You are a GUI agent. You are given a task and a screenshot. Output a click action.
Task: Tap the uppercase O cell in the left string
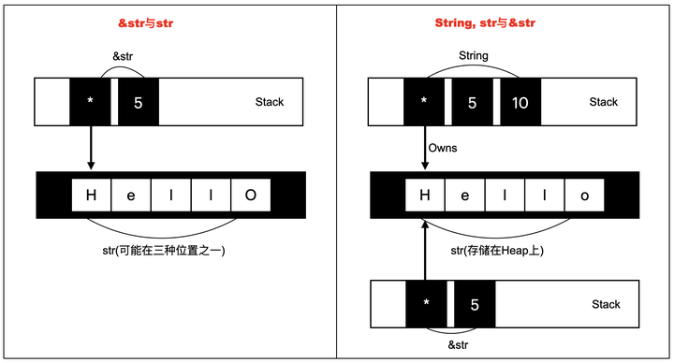pos(251,196)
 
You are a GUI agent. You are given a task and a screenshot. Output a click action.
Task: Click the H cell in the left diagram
pos(91,196)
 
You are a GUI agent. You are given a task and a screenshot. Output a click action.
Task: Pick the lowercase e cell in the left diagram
pos(131,196)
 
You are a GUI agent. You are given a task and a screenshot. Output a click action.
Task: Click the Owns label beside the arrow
pos(444,148)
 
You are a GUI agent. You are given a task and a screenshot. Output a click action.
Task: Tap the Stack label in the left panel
pos(270,102)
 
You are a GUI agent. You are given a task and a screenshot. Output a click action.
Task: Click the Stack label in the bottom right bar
pos(606,304)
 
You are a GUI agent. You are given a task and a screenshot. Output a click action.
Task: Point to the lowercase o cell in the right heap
pos(585,196)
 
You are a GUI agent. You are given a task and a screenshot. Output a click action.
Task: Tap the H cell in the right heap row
pos(425,196)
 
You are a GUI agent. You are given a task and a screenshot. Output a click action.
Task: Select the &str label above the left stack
pos(125,58)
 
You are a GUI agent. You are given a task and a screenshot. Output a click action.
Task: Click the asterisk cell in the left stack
pos(90,102)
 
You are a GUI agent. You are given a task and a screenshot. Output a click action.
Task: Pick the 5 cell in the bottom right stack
pos(474,305)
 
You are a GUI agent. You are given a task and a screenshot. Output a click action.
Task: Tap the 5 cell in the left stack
pos(139,102)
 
